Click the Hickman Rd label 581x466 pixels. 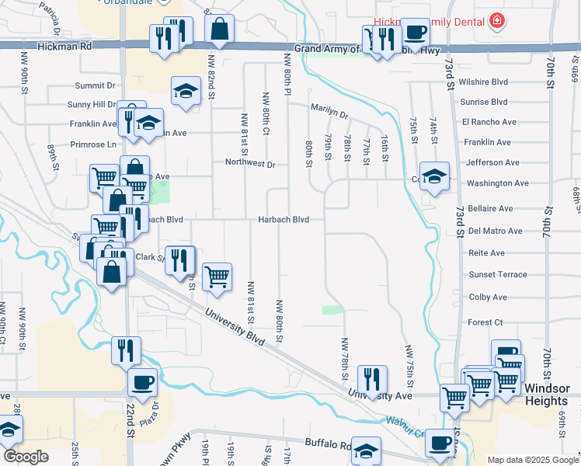point(70,46)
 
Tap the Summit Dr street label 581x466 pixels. point(95,85)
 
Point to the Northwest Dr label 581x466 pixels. point(250,164)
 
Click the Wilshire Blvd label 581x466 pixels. point(484,81)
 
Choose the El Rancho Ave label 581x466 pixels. point(489,122)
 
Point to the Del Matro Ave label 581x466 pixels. point(496,231)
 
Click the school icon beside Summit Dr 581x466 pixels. point(186,92)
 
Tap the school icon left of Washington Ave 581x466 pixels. point(434,176)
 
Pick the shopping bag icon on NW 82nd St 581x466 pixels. point(220,30)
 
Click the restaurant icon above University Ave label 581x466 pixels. point(373,379)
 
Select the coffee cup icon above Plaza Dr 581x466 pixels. point(142,382)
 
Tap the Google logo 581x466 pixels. point(25,456)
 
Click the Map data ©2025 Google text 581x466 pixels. point(532,460)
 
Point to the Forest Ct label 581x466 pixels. point(485,322)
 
